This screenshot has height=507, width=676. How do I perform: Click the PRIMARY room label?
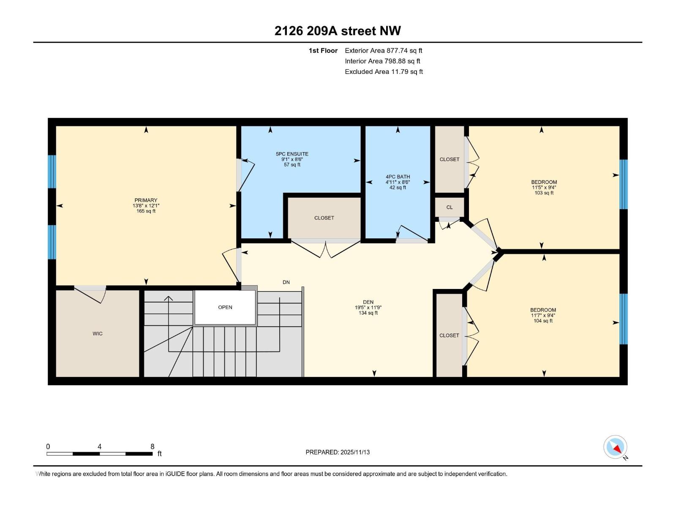[x=146, y=200]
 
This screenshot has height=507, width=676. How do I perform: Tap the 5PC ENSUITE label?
[x=292, y=154]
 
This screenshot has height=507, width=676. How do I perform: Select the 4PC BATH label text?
[x=398, y=177]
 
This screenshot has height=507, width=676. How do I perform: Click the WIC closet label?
[x=98, y=333]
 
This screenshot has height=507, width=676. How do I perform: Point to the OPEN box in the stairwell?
[x=225, y=307]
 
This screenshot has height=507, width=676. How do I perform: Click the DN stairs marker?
[x=286, y=282]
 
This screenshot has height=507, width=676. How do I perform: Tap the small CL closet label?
[x=449, y=207]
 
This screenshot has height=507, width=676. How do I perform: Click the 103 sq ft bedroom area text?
[x=544, y=193]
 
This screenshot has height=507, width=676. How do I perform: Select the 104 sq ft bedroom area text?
[x=543, y=321]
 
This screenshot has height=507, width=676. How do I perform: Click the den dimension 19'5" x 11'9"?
[x=368, y=308]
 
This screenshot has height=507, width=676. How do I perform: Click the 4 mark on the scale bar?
[x=99, y=447]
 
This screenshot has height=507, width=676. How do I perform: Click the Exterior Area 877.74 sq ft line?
[x=383, y=50]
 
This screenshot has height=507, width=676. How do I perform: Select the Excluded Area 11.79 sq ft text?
[x=384, y=71]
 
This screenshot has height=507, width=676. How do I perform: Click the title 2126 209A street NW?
[x=338, y=31]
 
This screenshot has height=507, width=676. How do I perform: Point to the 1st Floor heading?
[x=323, y=50]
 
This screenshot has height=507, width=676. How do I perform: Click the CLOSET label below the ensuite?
[x=324, y=218]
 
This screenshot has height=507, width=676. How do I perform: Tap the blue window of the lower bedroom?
[x=624, y=319]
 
